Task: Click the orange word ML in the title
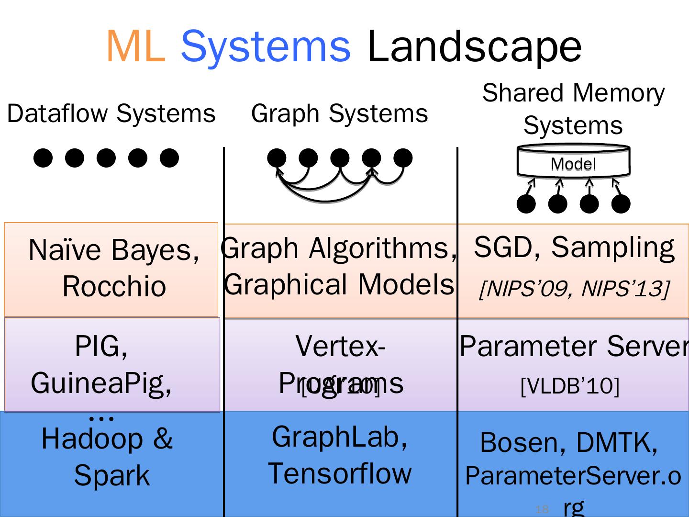tap(135, 47)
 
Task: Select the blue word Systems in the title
tap(266, 47)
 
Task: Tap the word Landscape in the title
tap(474, 47)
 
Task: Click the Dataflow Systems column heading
tap(111, 113)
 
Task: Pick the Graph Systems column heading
tap(339, 113)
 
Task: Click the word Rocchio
tap(114, 286)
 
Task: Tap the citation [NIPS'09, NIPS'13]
tap(573, 289)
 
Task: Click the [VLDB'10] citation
tap(569, 385)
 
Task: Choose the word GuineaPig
tap(101, 382)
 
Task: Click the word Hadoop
tap(92, 438)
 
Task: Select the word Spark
tap(111, 475)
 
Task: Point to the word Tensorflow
tap(339, 473)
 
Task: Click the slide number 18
tap(542, 509)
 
